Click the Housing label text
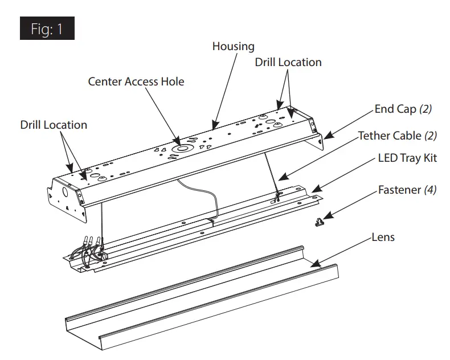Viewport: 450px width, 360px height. pyautogui.click(x=233, y=46)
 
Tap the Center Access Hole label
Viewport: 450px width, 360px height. pyautogui.click(x=136, y=81)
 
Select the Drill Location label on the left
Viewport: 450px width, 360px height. pyautogui.click(x=54, y=125)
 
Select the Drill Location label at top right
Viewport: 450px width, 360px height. pyautogui.click(x=288, y=62)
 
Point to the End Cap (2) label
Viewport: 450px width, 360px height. pyautogui.click(x=403, y=109)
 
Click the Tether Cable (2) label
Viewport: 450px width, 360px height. pyautogui.click(x=397, y=136)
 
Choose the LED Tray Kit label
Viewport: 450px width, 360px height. pyautogui.click(x=407, y=158)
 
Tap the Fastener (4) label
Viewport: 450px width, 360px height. pyautogui.click(x=407, y=190)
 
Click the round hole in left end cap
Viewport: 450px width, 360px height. pyautogui.click(x=64, y=193)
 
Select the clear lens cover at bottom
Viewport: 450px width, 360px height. pyautogui.click(x=199, y=302)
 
